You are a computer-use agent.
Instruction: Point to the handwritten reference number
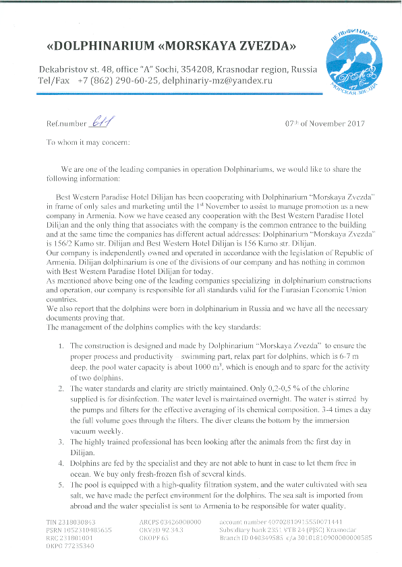click(100, 122)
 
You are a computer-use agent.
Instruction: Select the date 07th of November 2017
click(326, 124)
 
